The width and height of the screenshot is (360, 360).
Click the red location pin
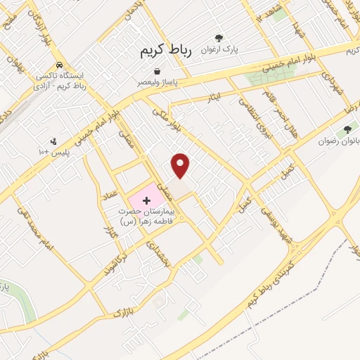click(x=181, y=165)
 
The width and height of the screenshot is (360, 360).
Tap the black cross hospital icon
click(x=146, y=201)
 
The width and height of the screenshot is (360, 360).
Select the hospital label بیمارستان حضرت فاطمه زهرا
click(x=148, y=216)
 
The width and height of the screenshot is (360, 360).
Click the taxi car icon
click(x=61, y=63)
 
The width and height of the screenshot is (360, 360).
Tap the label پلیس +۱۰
click(x=53, y=152)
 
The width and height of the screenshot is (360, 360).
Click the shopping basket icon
click(x=156, y=71)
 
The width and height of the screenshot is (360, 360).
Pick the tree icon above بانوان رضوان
click(x=347, y=131)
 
